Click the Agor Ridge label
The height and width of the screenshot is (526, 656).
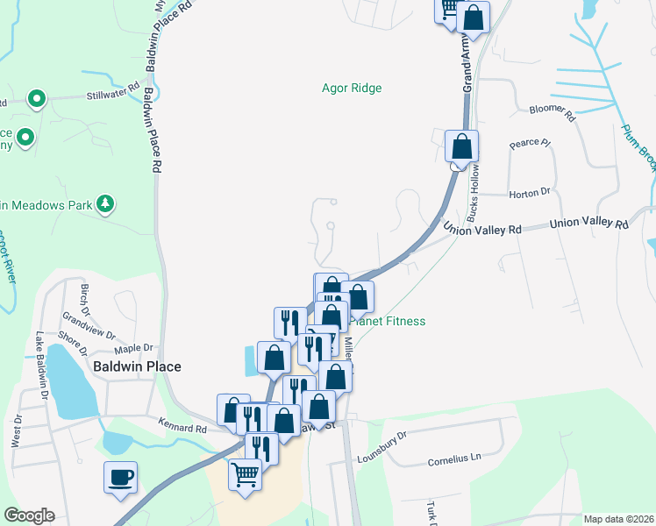[352, 88]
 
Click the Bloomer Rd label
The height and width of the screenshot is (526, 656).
[552, 111]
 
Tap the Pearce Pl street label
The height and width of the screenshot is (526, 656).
[529, 143]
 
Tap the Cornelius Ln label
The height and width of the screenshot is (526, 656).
[454, 458]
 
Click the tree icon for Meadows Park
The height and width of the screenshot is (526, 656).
[106, 204]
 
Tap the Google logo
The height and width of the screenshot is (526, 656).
[29, 515]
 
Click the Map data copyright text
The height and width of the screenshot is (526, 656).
[617, 519]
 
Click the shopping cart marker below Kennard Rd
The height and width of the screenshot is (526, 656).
[246, 475]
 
